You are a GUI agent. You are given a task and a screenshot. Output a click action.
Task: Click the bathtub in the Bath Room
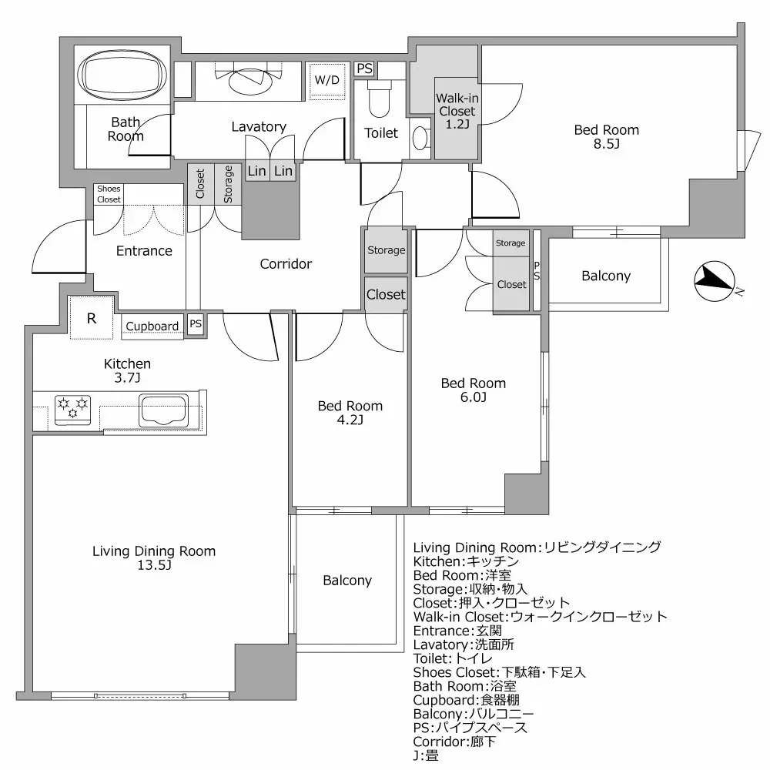pyautogui.click(x=122, y=75)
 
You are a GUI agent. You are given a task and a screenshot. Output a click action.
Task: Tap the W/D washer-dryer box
pyautogui.click(x=327, y=80)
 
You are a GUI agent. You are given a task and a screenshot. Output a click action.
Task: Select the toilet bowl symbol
pyautogui.click(x=380, y=99)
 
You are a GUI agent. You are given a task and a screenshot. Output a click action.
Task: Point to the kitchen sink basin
pyautogui.click(x=163, y=410)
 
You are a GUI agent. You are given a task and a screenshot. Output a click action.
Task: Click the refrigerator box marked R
pyautogui.click(x=92, y=318)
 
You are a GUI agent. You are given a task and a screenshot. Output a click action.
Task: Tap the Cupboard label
pyautogui.click(x=152, y=326)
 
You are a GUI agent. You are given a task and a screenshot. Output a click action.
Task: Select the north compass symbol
pyautogui.click(x=715, y=281)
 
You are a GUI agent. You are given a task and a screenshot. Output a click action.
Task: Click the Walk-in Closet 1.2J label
pyautogui.click(x=457, y=112)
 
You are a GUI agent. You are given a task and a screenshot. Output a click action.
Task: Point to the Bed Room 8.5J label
pyautogui.click(x=607, y=136)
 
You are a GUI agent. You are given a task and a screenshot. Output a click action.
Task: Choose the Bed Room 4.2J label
pyautogui.click(x=350, y=413)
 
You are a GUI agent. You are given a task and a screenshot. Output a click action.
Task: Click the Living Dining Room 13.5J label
pyautogui.click(x=154, y=557)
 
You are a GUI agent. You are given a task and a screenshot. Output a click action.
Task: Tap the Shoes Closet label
pyautogui.click(x=109, y=194)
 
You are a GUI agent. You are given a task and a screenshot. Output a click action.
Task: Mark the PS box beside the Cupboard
pyautogui.click(x=196, y=324)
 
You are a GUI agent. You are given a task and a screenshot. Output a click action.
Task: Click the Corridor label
pyautogui.click(x=286, y=264)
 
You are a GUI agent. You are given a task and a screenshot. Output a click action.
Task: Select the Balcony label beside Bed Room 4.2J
pyautogui.click(x=347, y=581)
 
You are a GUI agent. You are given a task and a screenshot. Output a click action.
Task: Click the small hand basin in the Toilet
pyautogui.click(x=420, y=138)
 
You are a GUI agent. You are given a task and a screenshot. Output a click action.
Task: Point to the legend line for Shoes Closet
pyautogui.click(x=500, y=672)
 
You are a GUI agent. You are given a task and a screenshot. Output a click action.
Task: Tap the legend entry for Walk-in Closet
pyautogui.click(x=541, y=617)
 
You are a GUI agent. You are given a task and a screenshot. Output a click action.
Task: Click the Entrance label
pyautogui.click(x=144, y=251)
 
